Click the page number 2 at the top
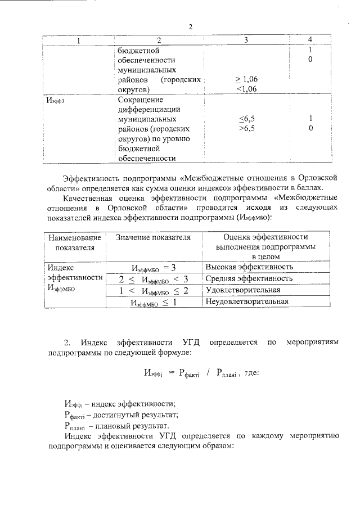coord(190,26)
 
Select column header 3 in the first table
coord(246,39)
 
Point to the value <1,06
coord(247,89)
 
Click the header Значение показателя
coord(154,237)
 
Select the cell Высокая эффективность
coord(249,267)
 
